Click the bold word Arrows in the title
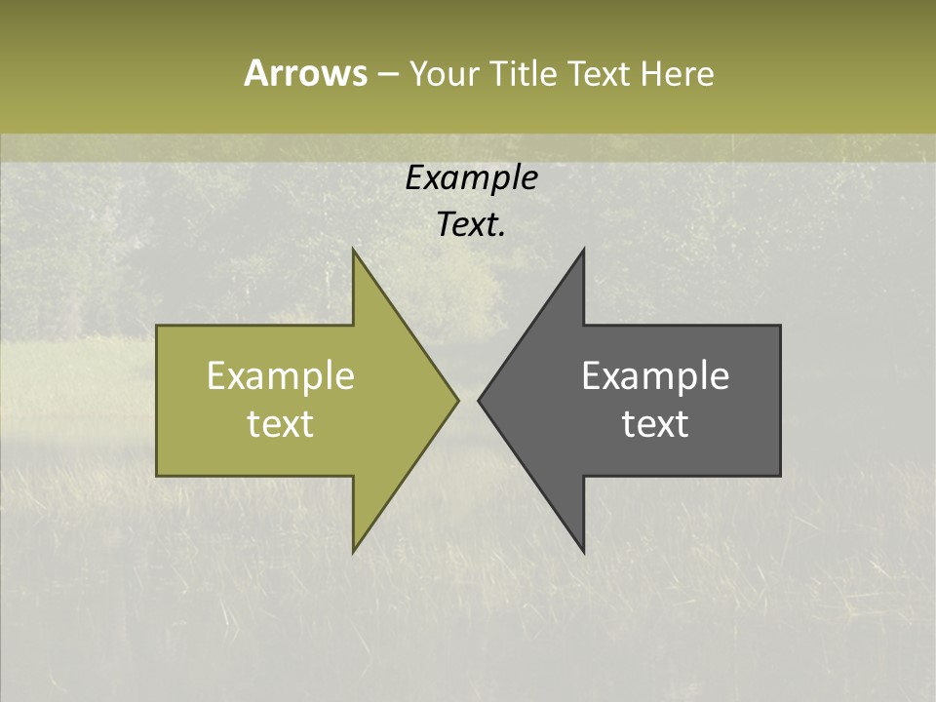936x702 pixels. pos(305,73)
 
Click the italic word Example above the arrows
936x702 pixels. pos(472,178)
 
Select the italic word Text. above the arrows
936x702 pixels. pos(472,225)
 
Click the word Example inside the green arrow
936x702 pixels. pos(281,376)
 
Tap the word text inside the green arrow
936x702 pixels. pos(281,424)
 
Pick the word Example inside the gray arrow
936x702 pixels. pos(655,376)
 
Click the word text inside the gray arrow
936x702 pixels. pos(655,424)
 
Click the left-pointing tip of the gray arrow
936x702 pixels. pos(480,400)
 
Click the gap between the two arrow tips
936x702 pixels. pos(468,400)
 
